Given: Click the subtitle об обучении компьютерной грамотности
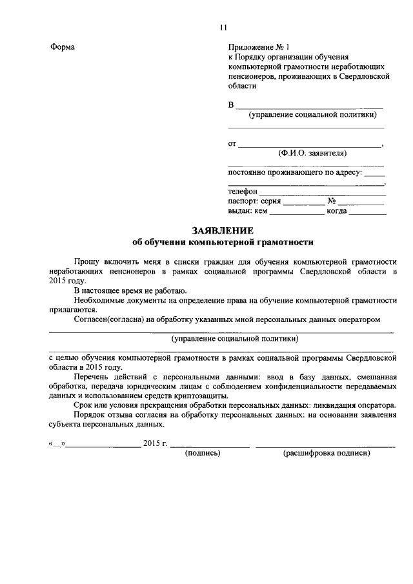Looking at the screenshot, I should pos(223,243).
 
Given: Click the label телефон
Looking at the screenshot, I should pos(243,192).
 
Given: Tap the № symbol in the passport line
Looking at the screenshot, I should pos(332,201).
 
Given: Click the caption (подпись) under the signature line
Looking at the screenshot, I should pos(203,454).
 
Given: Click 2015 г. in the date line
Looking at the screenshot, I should pos(156,444).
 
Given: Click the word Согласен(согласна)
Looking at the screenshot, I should pos(107,319).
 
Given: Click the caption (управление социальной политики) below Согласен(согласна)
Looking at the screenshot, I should pos(235,338).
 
